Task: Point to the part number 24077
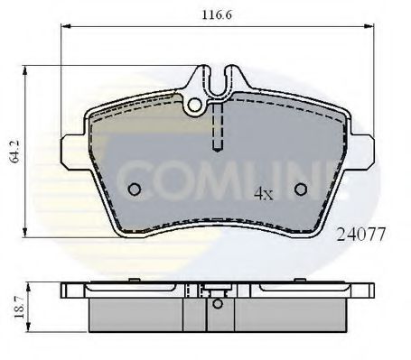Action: tap(361, 234)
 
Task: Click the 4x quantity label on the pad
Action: tap(263, 193)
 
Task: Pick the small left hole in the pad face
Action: tap(135, 189)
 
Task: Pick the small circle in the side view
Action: tap(217, 303)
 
